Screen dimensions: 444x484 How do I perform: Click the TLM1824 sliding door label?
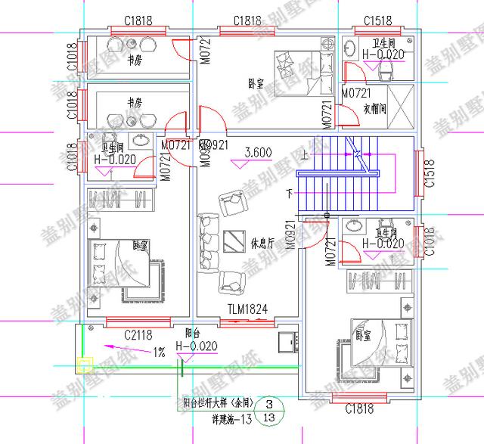(248, 309)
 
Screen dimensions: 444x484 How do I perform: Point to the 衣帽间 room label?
(378, 109)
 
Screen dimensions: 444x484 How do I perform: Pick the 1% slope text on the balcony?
(160, 352)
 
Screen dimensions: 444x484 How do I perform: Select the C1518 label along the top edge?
(377, 20)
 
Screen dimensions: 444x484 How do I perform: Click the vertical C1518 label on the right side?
(430, 173)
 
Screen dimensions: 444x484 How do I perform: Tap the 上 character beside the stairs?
(304, 157)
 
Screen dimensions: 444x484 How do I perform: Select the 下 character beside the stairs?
(288, 194)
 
